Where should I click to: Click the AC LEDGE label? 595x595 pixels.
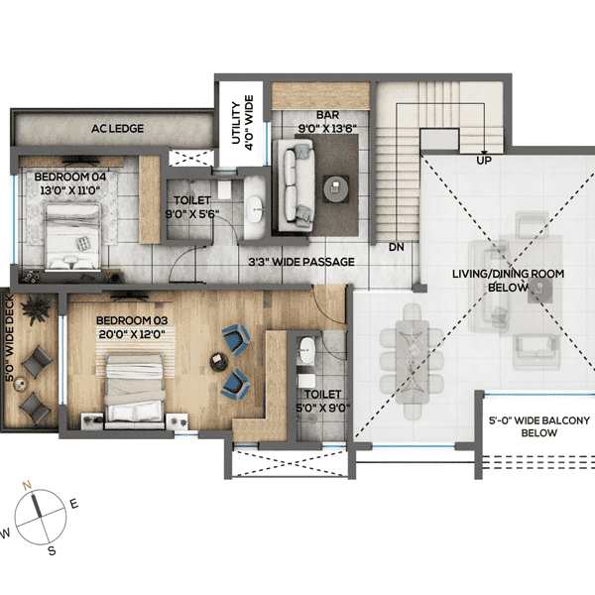point(118,129)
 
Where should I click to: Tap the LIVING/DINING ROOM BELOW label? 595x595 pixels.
point(492,281)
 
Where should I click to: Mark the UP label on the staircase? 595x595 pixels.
point(484,159)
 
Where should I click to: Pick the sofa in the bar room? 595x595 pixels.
point(295,181)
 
